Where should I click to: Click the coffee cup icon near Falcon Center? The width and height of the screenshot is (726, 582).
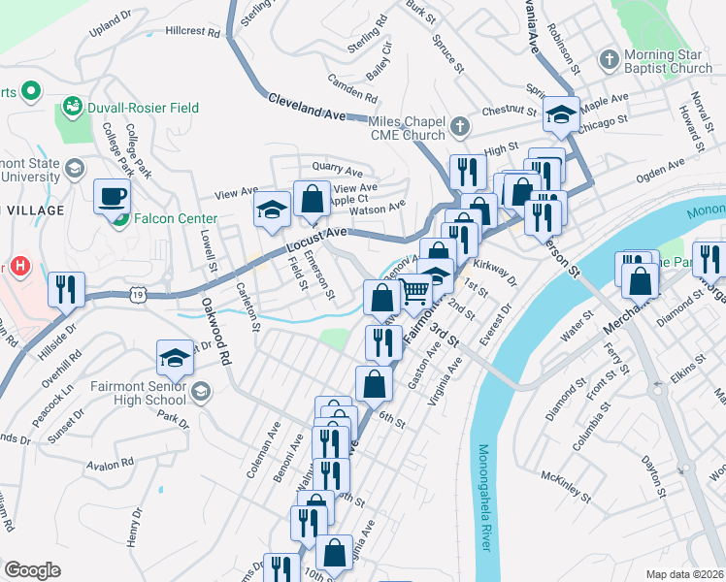coord(111,197)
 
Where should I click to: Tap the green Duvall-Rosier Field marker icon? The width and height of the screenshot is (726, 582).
coord(71,105)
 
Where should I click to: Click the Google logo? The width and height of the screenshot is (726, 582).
coord(32,570)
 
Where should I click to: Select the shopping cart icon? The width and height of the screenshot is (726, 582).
coord(415,290)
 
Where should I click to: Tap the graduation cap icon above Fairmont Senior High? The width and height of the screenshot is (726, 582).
coord(175,358)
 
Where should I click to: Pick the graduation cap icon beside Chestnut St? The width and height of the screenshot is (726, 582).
coord(561,113)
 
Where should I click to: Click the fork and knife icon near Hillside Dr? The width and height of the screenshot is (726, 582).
coord(64,288)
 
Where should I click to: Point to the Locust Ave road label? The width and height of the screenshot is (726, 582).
coord(316,240)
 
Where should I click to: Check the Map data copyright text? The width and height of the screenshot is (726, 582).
coord(684,574)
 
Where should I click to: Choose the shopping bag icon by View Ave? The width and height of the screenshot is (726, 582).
coord(313,200)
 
